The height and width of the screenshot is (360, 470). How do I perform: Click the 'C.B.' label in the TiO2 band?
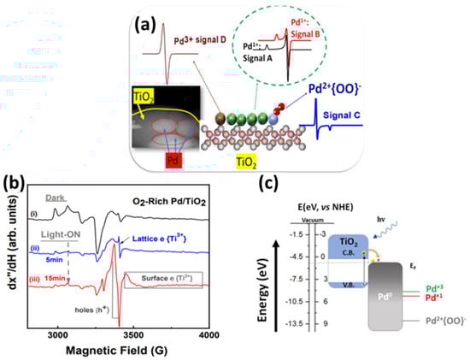[x=342, y=247]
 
